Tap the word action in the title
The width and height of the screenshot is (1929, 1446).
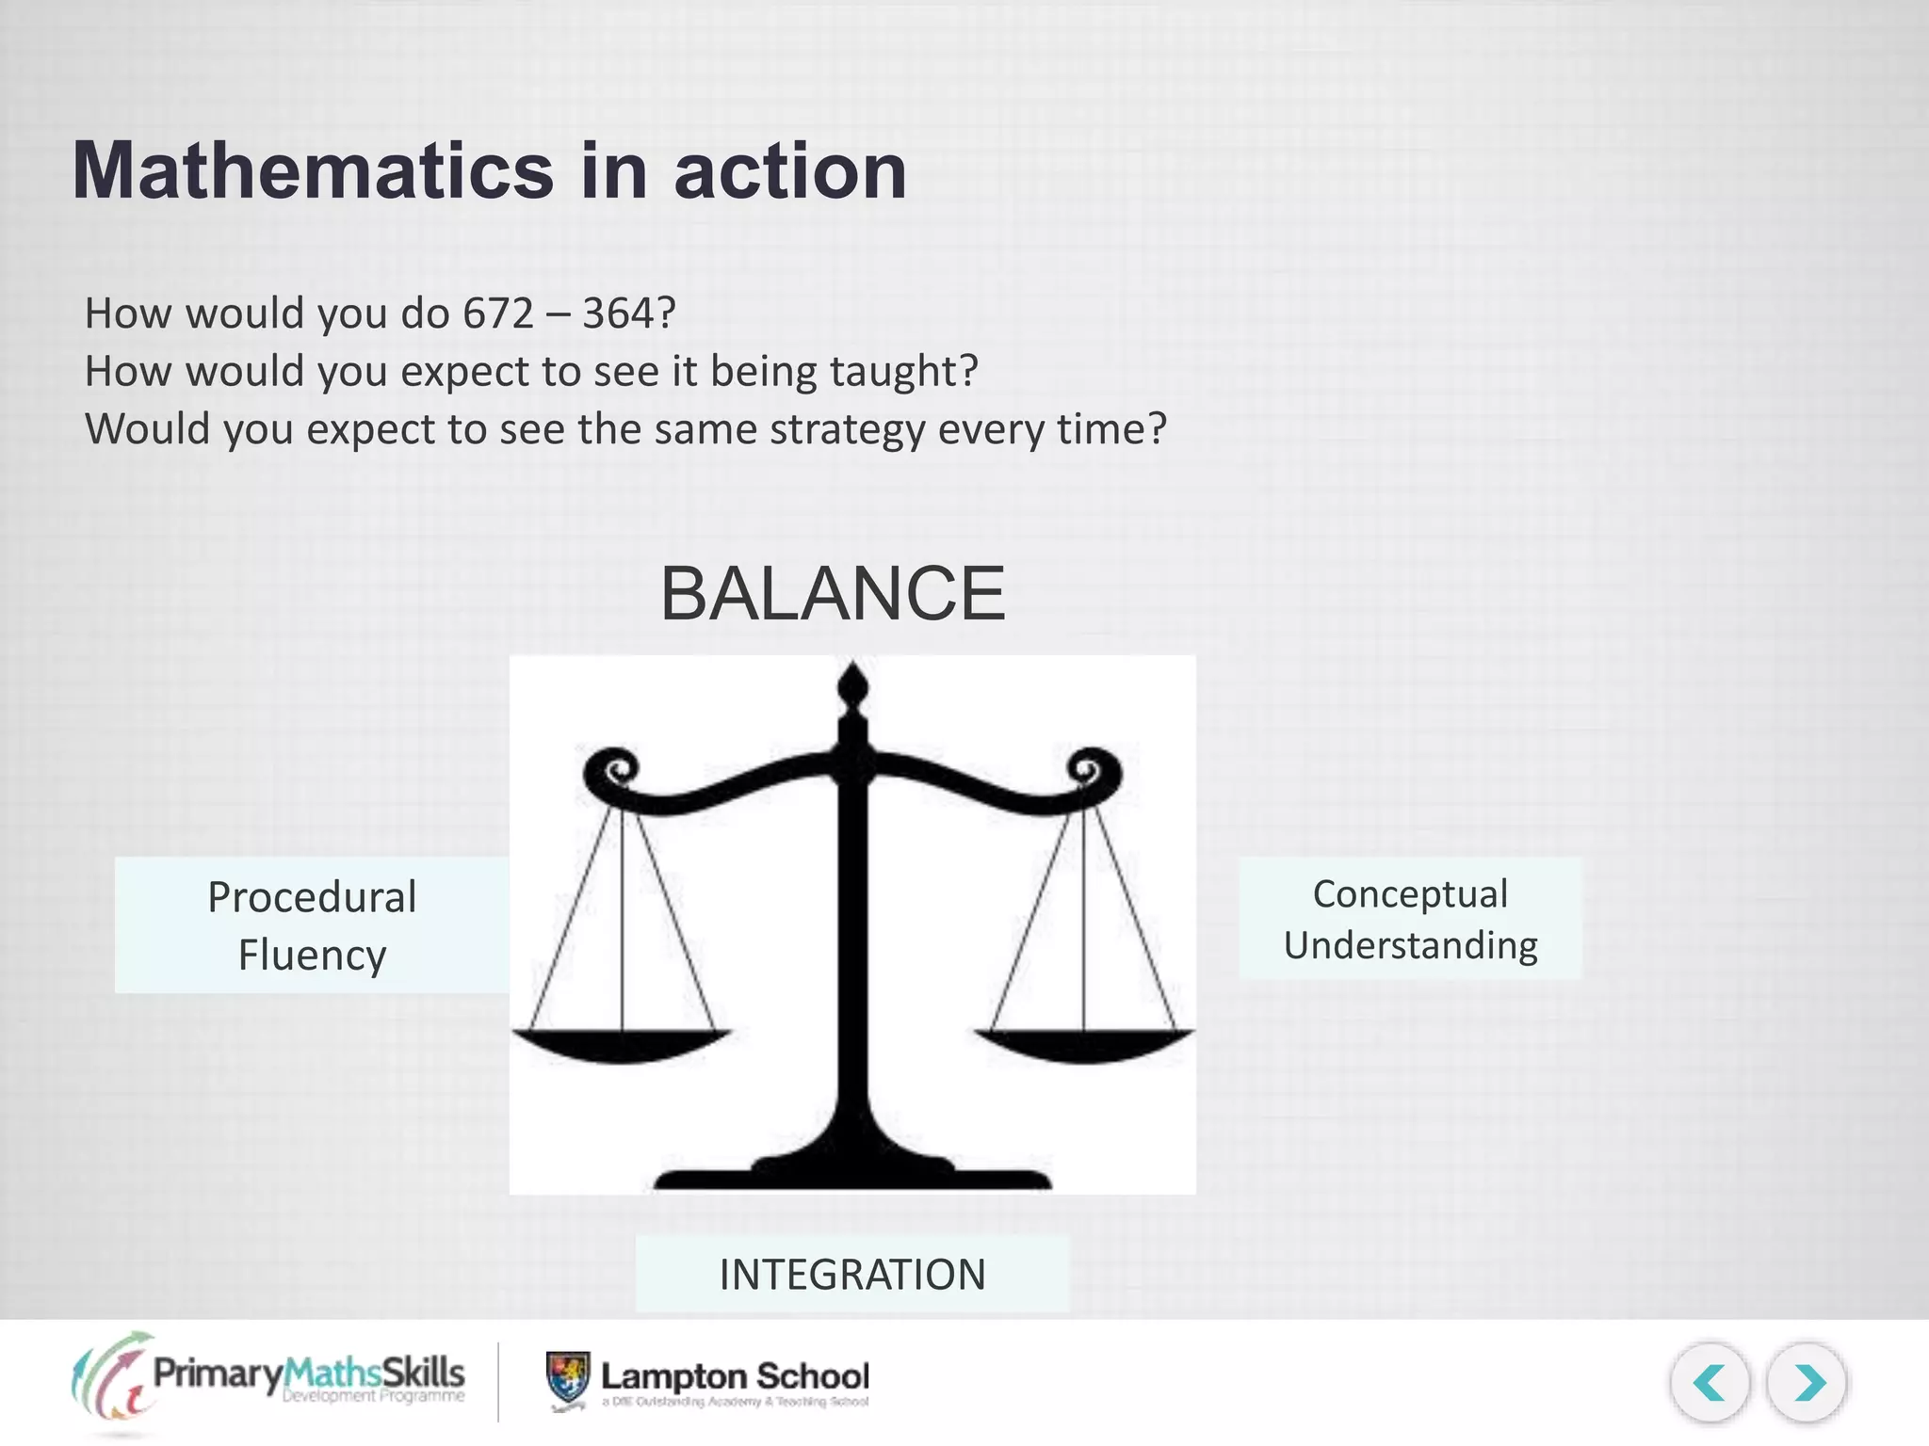pos(789,171)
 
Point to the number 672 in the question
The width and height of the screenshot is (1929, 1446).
pos(498,313)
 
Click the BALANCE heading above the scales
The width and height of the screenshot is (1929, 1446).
pos(833,593)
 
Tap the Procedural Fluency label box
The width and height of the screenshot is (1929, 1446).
pos(312,925)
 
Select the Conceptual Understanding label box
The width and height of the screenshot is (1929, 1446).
pos(1409,919)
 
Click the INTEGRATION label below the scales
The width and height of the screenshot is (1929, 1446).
pos(852,1275)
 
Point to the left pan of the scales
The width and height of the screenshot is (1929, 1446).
pos(622,1045)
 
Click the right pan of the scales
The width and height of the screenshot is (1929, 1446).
pos(1083,1045)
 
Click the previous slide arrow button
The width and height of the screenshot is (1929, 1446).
pos(1710,1383)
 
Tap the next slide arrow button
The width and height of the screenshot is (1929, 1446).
pos(1807,1383)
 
